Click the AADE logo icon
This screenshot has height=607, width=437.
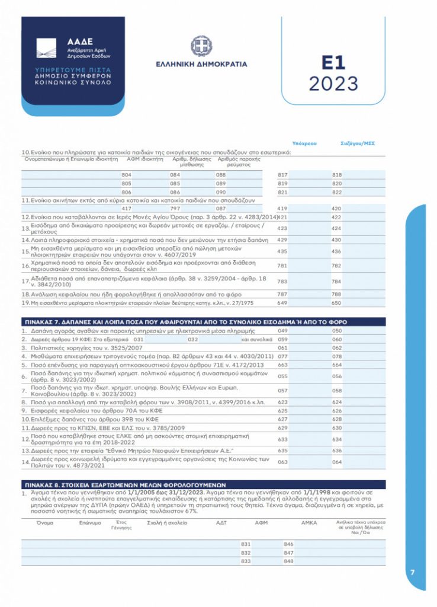coord(46,48)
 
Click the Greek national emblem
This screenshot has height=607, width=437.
coord(201,46)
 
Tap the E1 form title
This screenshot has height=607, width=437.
coord(333,63)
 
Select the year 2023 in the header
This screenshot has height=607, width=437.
coord(333,84)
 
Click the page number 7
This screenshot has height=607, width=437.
coord(413,572)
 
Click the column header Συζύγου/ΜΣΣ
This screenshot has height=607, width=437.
coord(358,143)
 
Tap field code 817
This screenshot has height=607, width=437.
coord(282,175)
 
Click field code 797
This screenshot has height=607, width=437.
coord(175,209)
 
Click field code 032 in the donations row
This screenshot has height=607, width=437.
coord(192,339)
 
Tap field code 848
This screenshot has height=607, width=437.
coord(289,561)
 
